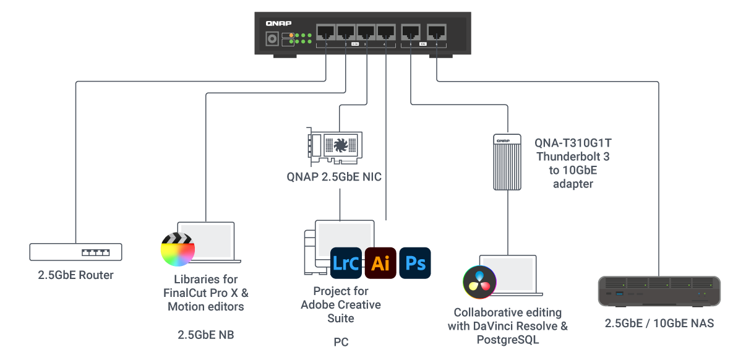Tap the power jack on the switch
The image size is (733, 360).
click(270, 39)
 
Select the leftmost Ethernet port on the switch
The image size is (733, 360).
click(325, 32)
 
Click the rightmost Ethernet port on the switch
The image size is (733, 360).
click(436, 32)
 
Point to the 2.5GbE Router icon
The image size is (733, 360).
click(75, 251)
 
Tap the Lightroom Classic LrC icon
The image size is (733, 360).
click(346, 263)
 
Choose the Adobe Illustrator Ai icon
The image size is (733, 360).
click(380, 263)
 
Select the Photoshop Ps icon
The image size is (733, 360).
click(415, 263)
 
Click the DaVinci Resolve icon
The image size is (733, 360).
click(479, 282)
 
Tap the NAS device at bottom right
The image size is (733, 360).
click(659, 291)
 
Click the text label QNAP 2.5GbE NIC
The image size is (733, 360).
click(334, 177)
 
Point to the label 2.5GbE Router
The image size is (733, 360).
click(75, 275)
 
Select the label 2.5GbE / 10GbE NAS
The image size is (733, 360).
click(659, 323)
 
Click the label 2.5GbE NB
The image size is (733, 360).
click(205, 335)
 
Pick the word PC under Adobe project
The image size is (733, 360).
click(340, 342)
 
